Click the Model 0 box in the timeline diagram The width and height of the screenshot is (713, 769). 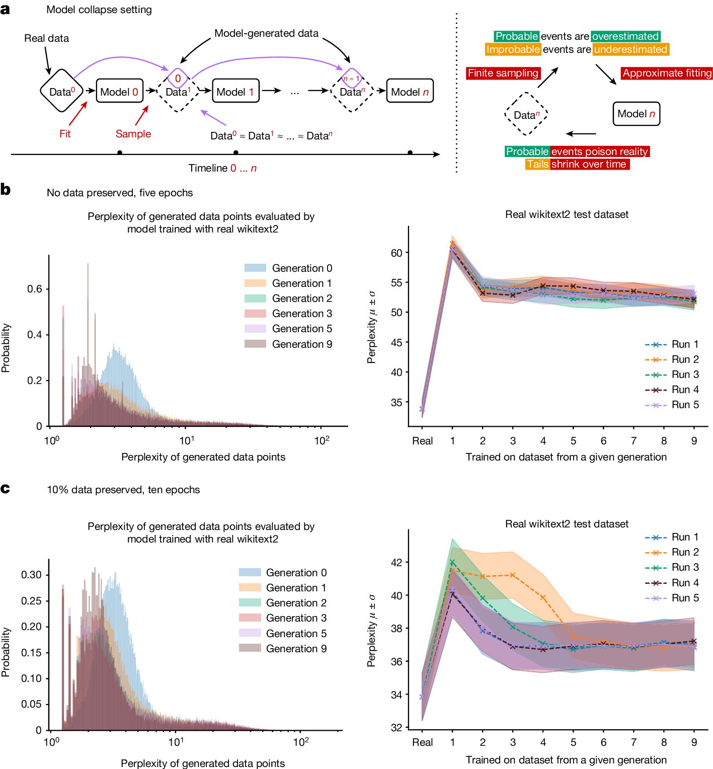119,91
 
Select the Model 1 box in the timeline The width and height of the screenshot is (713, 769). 235,91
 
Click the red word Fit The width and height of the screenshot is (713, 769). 65,134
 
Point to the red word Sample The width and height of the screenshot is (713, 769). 133,134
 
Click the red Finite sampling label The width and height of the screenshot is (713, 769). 503,73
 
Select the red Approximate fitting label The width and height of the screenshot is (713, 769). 667,73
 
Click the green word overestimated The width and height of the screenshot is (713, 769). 625,36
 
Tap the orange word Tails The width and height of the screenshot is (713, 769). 537,165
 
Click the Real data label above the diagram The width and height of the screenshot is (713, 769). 46,38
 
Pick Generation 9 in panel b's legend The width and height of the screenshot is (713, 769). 302,344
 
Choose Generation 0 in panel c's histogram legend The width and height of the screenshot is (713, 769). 296,573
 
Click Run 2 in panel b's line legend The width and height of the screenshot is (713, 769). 685,359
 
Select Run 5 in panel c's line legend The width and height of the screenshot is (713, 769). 685,598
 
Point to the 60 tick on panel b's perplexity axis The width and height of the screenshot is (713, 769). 397,253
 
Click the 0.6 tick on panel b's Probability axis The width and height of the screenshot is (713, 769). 35,289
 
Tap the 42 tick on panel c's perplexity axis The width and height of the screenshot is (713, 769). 397,562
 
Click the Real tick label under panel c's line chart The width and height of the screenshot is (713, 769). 422,742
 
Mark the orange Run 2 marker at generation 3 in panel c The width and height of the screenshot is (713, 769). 513,575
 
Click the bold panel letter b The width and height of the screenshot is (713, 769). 6,190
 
